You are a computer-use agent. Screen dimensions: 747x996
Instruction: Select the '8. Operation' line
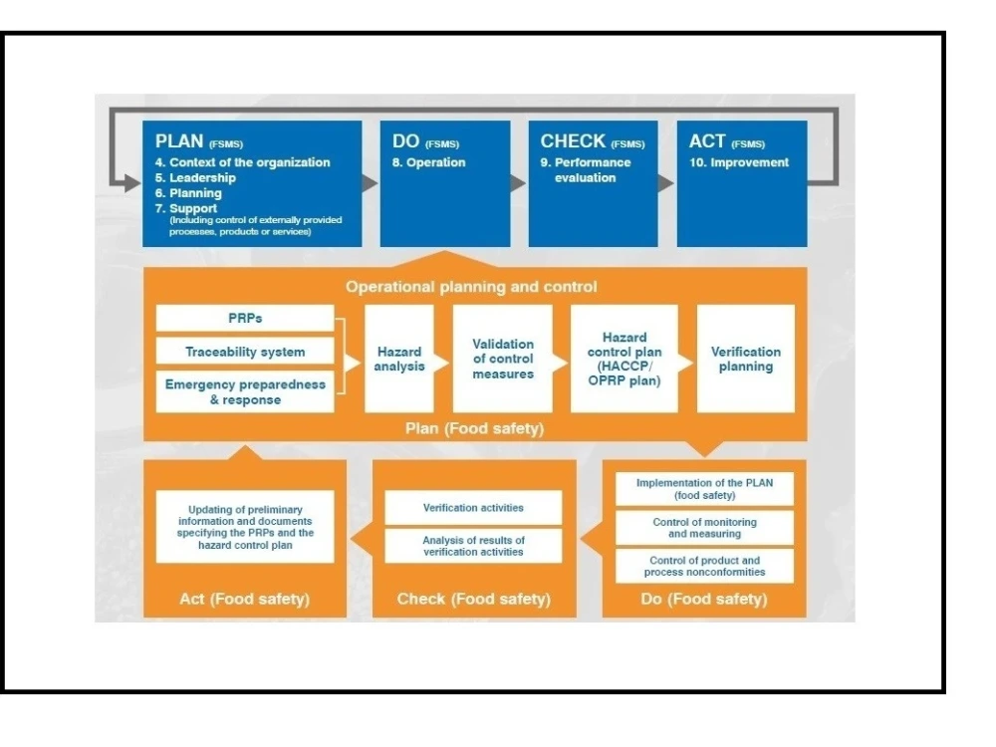428,162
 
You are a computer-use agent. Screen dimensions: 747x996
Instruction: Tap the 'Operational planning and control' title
471,287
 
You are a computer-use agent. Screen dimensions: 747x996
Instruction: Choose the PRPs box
245,319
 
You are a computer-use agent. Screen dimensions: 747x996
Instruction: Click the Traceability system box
245,352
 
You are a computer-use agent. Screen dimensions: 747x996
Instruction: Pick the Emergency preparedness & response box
245,391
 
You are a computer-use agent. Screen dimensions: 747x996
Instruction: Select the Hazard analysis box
398,359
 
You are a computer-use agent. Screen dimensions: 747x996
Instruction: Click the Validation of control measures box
502,359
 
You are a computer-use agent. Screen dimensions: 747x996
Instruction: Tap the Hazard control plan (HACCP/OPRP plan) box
624,359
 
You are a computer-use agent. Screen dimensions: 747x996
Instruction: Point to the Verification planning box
746,359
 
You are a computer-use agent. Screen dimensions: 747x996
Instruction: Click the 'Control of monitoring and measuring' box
704,528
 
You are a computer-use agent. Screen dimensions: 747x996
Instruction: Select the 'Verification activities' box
473,507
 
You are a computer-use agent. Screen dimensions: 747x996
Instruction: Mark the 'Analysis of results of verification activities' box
473,545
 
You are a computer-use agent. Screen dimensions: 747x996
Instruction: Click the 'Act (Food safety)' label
245,599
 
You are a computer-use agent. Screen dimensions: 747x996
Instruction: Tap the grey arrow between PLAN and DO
369,183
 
